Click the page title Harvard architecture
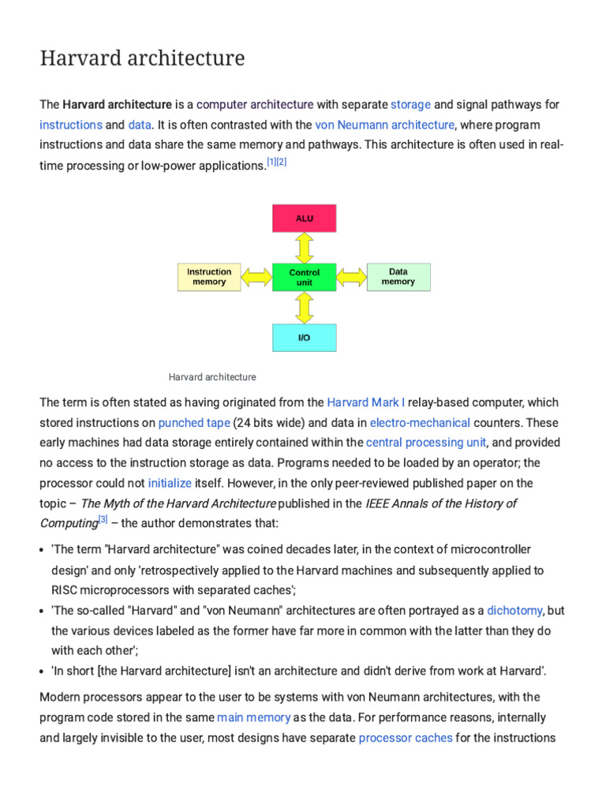[142, 58]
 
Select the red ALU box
[304, 218]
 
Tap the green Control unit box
[304, 277]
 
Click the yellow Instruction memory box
[209, 277]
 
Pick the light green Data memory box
[398, 276]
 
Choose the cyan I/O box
[304, 337]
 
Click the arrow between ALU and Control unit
[305, 248]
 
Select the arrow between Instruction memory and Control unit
[256, 277]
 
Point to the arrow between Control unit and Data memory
[352, 277]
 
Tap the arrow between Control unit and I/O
[305, 308]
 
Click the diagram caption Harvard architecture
[212, 377]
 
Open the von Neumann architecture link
[384, 125]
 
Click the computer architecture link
[255, 104]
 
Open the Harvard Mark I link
[365, 402]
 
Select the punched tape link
[194, 422]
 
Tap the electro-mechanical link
[420, 422]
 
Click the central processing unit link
[426, 443]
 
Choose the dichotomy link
[514, 610]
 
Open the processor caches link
[406, 738]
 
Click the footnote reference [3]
[103, 521]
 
